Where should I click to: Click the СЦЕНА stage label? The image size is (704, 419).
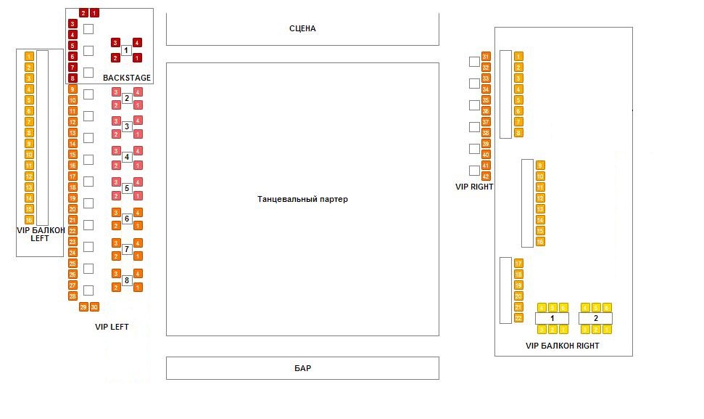tap(302, 29)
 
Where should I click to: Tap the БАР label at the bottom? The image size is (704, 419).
tap(302, 368)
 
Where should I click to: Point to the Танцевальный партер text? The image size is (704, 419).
tap(302, 199)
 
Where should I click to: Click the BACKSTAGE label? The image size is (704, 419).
tap(127, 78)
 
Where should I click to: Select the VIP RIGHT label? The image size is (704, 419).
tap(474, 187)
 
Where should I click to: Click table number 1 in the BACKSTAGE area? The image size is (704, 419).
tap(127, 50)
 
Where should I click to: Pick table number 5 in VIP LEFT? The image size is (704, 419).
tap(127, 188)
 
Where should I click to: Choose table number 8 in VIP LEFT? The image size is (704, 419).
tap(127, 280)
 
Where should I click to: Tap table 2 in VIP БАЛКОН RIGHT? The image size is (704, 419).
tap(596, 318)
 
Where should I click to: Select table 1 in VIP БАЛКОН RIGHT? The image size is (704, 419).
tap(552, 318)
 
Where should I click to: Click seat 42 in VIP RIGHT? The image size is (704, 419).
tap(486, 176)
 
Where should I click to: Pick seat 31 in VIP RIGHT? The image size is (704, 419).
tap(486, 57)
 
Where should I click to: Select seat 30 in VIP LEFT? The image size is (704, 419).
tap(94, 307)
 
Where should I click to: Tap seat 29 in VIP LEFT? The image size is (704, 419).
tap(83, 307)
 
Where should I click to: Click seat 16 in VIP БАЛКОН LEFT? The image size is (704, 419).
tap(29, 219)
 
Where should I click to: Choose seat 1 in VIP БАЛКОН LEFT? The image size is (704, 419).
tap(29, 56)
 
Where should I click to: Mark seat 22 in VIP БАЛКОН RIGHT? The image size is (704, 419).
tap(518, 318)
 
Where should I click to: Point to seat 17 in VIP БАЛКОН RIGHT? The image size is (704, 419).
tap(518, 264)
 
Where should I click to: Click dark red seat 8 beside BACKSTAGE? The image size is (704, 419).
tap(73, 78)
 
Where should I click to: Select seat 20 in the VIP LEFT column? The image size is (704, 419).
tap(73, 208)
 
